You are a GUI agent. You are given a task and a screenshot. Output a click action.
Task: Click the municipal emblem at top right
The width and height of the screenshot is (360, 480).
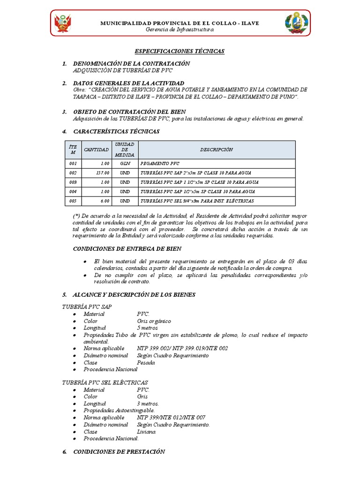point(296,23)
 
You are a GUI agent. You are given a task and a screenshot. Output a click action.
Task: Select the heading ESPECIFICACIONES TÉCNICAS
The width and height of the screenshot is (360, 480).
point(180,51)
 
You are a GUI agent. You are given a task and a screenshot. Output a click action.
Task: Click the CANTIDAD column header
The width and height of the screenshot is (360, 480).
point(96,150)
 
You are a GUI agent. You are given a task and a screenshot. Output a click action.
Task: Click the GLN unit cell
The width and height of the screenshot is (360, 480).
point(124,164)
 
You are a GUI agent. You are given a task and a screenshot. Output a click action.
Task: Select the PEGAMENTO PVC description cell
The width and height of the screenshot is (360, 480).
point(159,164)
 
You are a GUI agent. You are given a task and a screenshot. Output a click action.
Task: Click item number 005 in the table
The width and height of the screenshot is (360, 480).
point(72,201)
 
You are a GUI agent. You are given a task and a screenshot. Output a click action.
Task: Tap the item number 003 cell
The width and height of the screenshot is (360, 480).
point(72,182)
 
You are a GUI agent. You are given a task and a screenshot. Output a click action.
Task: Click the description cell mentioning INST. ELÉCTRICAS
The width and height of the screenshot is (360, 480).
point(197,201)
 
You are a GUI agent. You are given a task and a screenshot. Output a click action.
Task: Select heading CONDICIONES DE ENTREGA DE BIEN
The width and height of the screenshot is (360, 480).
point(127,248)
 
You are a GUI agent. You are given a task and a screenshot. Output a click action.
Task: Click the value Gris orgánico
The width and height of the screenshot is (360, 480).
point(154,321)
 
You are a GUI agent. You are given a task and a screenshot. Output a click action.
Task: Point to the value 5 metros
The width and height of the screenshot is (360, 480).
point(148,328)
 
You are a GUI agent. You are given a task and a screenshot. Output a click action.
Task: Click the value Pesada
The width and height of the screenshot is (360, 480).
point(146,362)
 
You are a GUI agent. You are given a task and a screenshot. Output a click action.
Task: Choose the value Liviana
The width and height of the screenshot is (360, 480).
point(146,432)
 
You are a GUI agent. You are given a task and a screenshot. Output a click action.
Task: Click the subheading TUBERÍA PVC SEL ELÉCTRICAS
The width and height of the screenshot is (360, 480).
point(105,382)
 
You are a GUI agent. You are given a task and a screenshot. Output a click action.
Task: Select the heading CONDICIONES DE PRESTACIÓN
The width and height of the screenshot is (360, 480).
point(120,451)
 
